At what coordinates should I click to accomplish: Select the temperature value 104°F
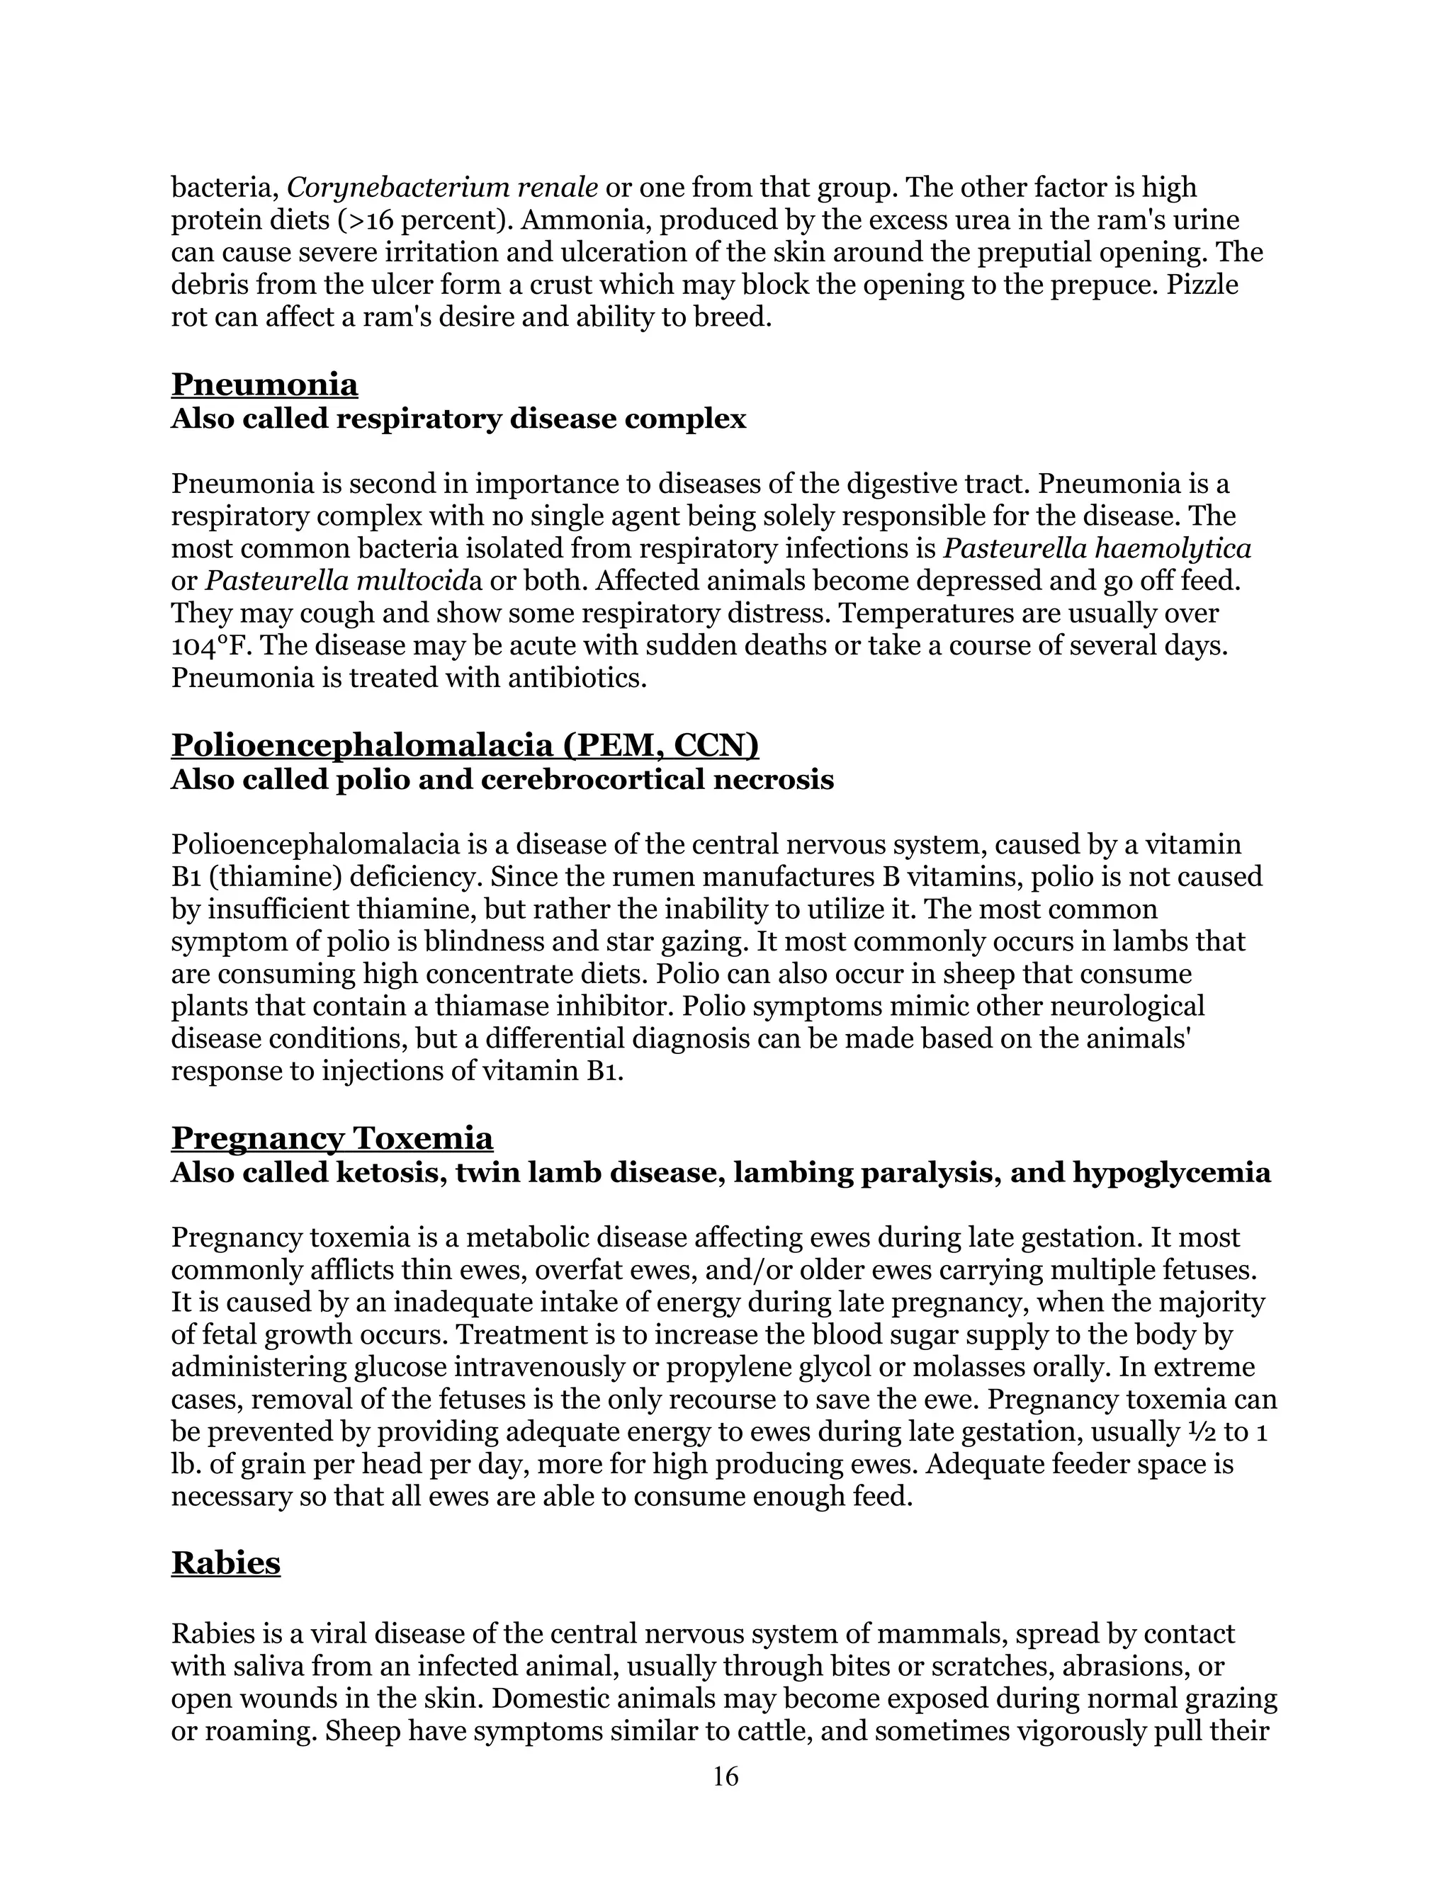tap(205, 645)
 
